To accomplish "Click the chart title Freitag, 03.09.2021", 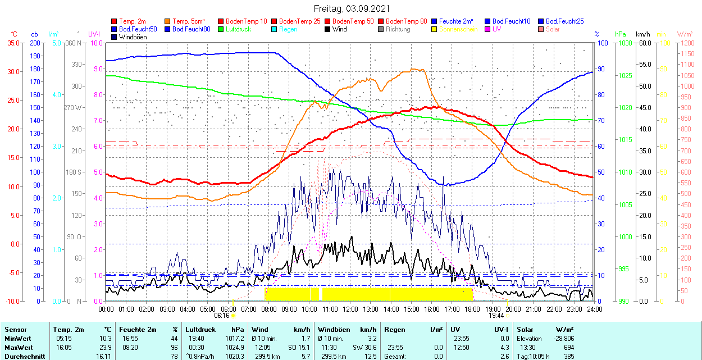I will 351,9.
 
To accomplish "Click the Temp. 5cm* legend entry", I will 189,21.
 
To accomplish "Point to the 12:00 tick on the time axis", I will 350,309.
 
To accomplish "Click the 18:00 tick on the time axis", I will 472,309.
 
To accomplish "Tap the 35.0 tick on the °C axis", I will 12,43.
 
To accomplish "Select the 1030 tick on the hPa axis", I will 622,43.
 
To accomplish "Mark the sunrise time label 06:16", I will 221,316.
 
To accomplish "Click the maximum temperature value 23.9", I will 104,347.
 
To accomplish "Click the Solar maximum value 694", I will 568,347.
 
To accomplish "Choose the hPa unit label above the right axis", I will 621,34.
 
